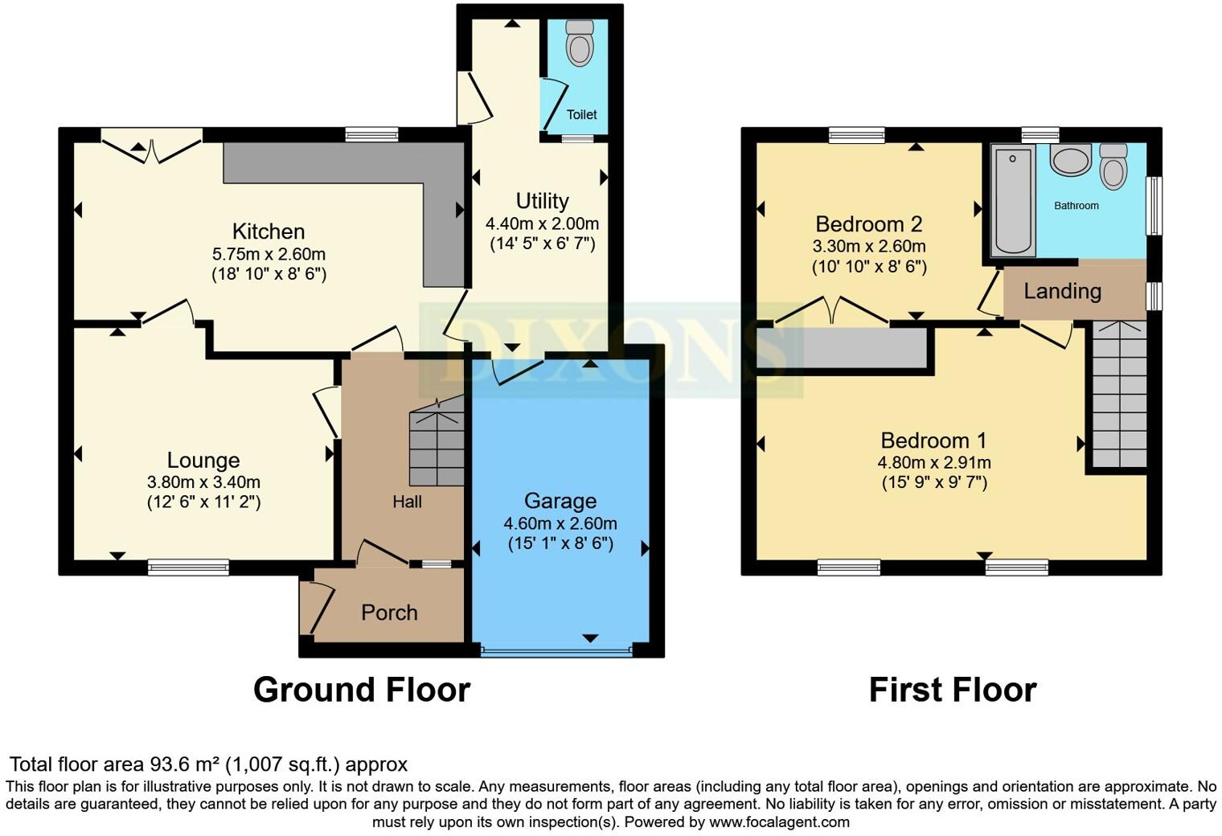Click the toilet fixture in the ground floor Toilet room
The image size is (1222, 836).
click(579, 43)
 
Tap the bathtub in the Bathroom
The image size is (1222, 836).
click(1012, 200)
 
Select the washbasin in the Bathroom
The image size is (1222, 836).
click(1069, 160)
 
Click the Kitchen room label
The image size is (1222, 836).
click(269, 232)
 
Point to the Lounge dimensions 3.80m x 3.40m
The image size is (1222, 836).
click(203, 482)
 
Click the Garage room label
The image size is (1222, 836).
click(560, 501)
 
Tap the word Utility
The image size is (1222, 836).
click(542, 201)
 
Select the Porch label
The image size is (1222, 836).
click(389, 613)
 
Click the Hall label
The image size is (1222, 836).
click(407, 502)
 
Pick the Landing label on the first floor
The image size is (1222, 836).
click(1062, 291)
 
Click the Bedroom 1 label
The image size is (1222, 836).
click(933, 441)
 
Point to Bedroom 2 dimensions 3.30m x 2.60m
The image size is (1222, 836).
click(869, 246)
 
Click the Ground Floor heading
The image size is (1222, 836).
click(361, 690)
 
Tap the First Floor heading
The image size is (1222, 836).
click(953, 690)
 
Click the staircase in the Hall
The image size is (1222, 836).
click(437, 446)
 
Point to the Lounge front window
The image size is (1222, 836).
click(188, 568)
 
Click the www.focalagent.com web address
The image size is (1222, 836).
click(778, 822)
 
